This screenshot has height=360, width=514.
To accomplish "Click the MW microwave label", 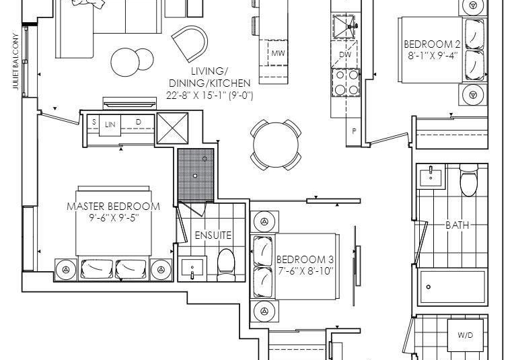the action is (278, 53).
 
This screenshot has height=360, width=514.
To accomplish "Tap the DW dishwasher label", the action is (345, 55).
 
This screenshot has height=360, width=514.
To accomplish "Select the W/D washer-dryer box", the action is (465, 335).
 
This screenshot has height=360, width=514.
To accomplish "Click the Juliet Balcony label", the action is (15, 61).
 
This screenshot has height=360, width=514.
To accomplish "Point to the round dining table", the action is (276, 145).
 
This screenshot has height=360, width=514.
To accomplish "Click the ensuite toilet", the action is (226, 265).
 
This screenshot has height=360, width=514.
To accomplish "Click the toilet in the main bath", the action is (469, 180).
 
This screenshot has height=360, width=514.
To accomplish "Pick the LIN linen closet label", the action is (110, 124).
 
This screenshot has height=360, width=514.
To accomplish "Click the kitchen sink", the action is (344, 26).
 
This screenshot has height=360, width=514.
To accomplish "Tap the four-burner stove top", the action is (346, 82).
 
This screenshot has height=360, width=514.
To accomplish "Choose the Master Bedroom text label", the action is (114, 207).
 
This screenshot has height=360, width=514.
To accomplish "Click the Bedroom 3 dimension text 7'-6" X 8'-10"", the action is (305, 271).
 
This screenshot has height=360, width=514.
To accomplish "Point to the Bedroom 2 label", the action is (432, 44).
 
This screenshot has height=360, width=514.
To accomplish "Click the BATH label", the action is (457, 225).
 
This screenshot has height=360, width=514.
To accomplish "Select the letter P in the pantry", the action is (354, 131).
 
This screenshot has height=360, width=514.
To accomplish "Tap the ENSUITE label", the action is (213, 235).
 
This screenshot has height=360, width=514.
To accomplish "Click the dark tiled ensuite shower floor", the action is (196, 176).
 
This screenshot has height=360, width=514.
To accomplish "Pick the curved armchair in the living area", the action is (191, 43).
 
